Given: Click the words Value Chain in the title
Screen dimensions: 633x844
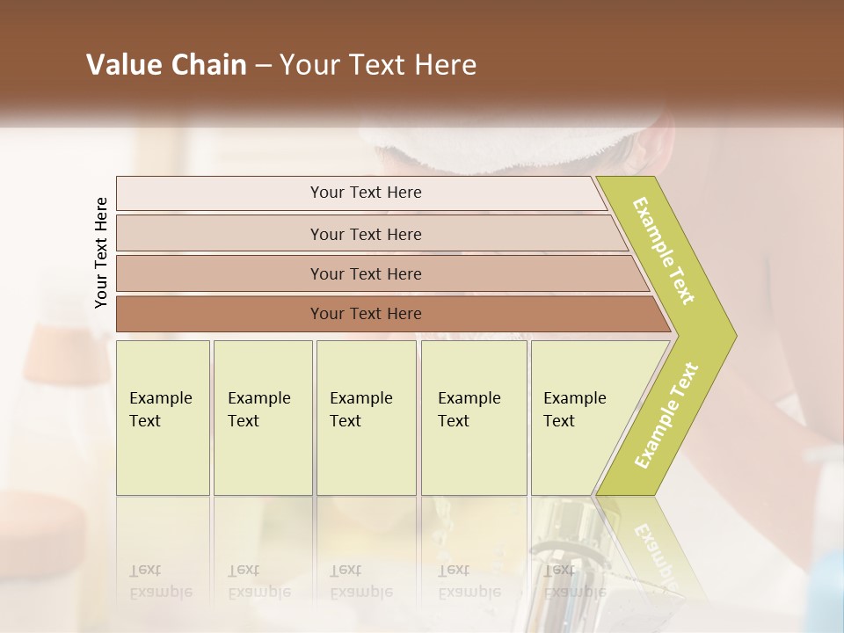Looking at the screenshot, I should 166,65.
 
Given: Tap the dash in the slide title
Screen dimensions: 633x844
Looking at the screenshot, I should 263,66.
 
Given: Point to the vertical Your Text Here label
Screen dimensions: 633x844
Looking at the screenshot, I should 101,253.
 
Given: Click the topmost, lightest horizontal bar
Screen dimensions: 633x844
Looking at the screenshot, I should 365,193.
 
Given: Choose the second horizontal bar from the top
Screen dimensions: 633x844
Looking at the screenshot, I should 365,234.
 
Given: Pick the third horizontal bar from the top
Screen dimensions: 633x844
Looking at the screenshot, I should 365,273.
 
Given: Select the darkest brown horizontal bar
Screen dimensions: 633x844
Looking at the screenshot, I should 365,314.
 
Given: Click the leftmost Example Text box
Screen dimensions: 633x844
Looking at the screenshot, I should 163,417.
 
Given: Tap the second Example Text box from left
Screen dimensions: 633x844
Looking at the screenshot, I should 262,417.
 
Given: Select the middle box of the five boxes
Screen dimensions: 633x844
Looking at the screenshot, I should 366,417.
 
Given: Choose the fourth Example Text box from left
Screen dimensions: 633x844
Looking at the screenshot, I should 473,417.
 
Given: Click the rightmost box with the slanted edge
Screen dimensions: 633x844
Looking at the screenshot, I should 580,417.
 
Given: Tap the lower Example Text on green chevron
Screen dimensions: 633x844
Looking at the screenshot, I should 666,415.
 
